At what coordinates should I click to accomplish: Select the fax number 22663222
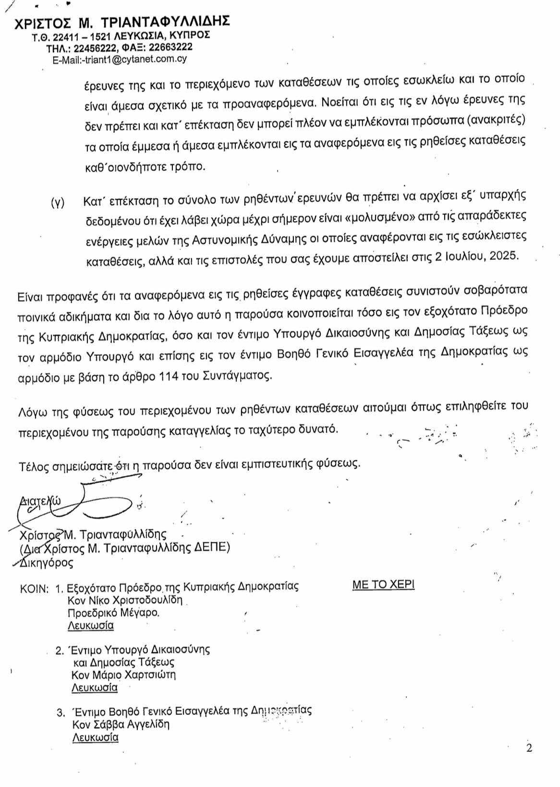[170, 47]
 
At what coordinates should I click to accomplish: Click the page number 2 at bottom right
[529, 748]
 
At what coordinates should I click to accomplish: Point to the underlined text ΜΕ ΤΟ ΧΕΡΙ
[383, 585]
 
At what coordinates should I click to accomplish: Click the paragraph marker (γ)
[58, 202]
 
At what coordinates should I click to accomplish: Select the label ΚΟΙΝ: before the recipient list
[34, 587]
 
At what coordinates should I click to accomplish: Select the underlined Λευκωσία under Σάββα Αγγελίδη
[95, 737]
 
